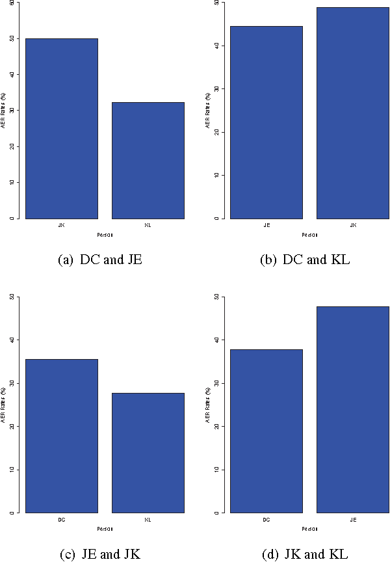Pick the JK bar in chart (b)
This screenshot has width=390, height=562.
coord(353,113)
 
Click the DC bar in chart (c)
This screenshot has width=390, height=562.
coord(61,436)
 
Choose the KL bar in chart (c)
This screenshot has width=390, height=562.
coord(148,453)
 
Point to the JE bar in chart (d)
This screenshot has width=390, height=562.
coord(353,409)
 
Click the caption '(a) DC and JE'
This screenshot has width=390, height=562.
coord(99,260)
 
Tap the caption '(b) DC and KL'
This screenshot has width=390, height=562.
coord(305,260)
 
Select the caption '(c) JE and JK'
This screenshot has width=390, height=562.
coord(99,555)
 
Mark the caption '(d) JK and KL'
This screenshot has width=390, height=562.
coord(305,555)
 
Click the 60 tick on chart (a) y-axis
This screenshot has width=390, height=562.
coord(12,3)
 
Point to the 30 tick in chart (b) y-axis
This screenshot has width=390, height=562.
coord(218,89)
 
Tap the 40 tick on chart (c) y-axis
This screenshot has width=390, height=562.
coord(12,340)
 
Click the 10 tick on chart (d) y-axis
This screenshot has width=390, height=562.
coord(218,470)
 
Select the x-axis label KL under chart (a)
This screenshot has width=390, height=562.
coord(148,225)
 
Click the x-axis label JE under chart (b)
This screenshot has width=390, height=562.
coord(266,225)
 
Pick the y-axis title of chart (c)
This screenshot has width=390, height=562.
coord(5,405)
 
